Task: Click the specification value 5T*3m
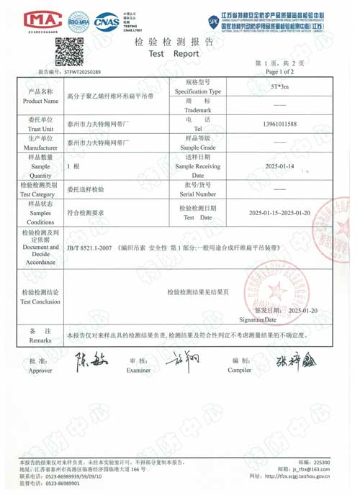pos(279,86)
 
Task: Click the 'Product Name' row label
pos(40,96)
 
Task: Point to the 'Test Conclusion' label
pos(40,297)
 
